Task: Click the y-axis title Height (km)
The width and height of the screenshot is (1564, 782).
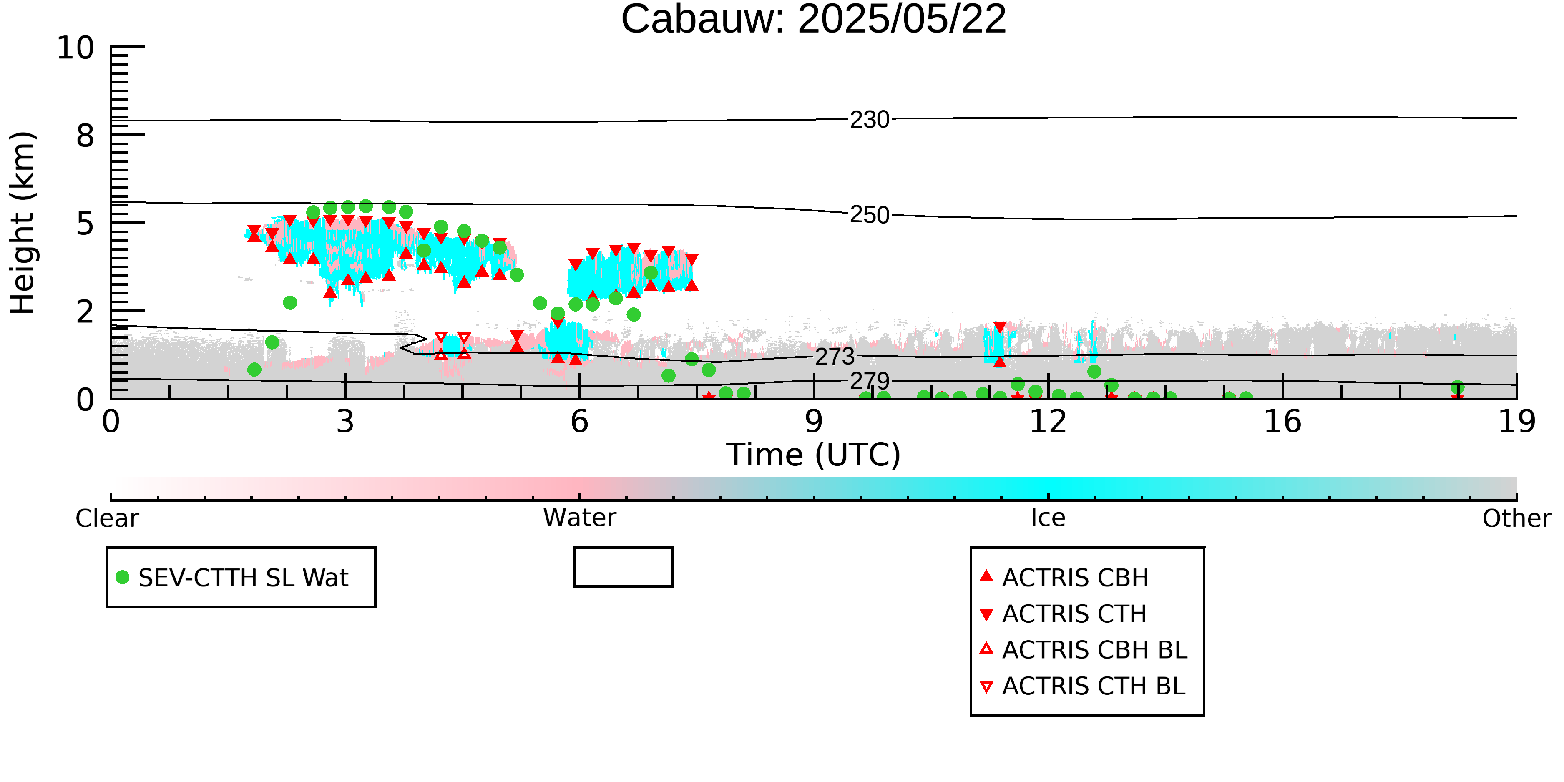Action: point(23,223)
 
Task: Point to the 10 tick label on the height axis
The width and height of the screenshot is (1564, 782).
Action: point(75,48)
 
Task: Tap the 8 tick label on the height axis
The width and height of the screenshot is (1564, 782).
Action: point(85,136)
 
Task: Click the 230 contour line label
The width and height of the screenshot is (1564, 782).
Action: point(870,120)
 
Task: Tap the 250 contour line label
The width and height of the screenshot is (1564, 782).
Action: point(870,215)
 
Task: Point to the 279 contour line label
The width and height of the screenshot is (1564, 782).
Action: point(870,381)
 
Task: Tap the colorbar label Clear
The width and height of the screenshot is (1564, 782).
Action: point(107,518)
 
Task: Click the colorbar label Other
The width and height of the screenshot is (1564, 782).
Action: point(1516,518)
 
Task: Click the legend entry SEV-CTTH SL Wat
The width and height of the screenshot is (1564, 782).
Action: point(233,577)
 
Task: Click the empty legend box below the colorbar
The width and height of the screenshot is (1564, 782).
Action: point(623,548)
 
